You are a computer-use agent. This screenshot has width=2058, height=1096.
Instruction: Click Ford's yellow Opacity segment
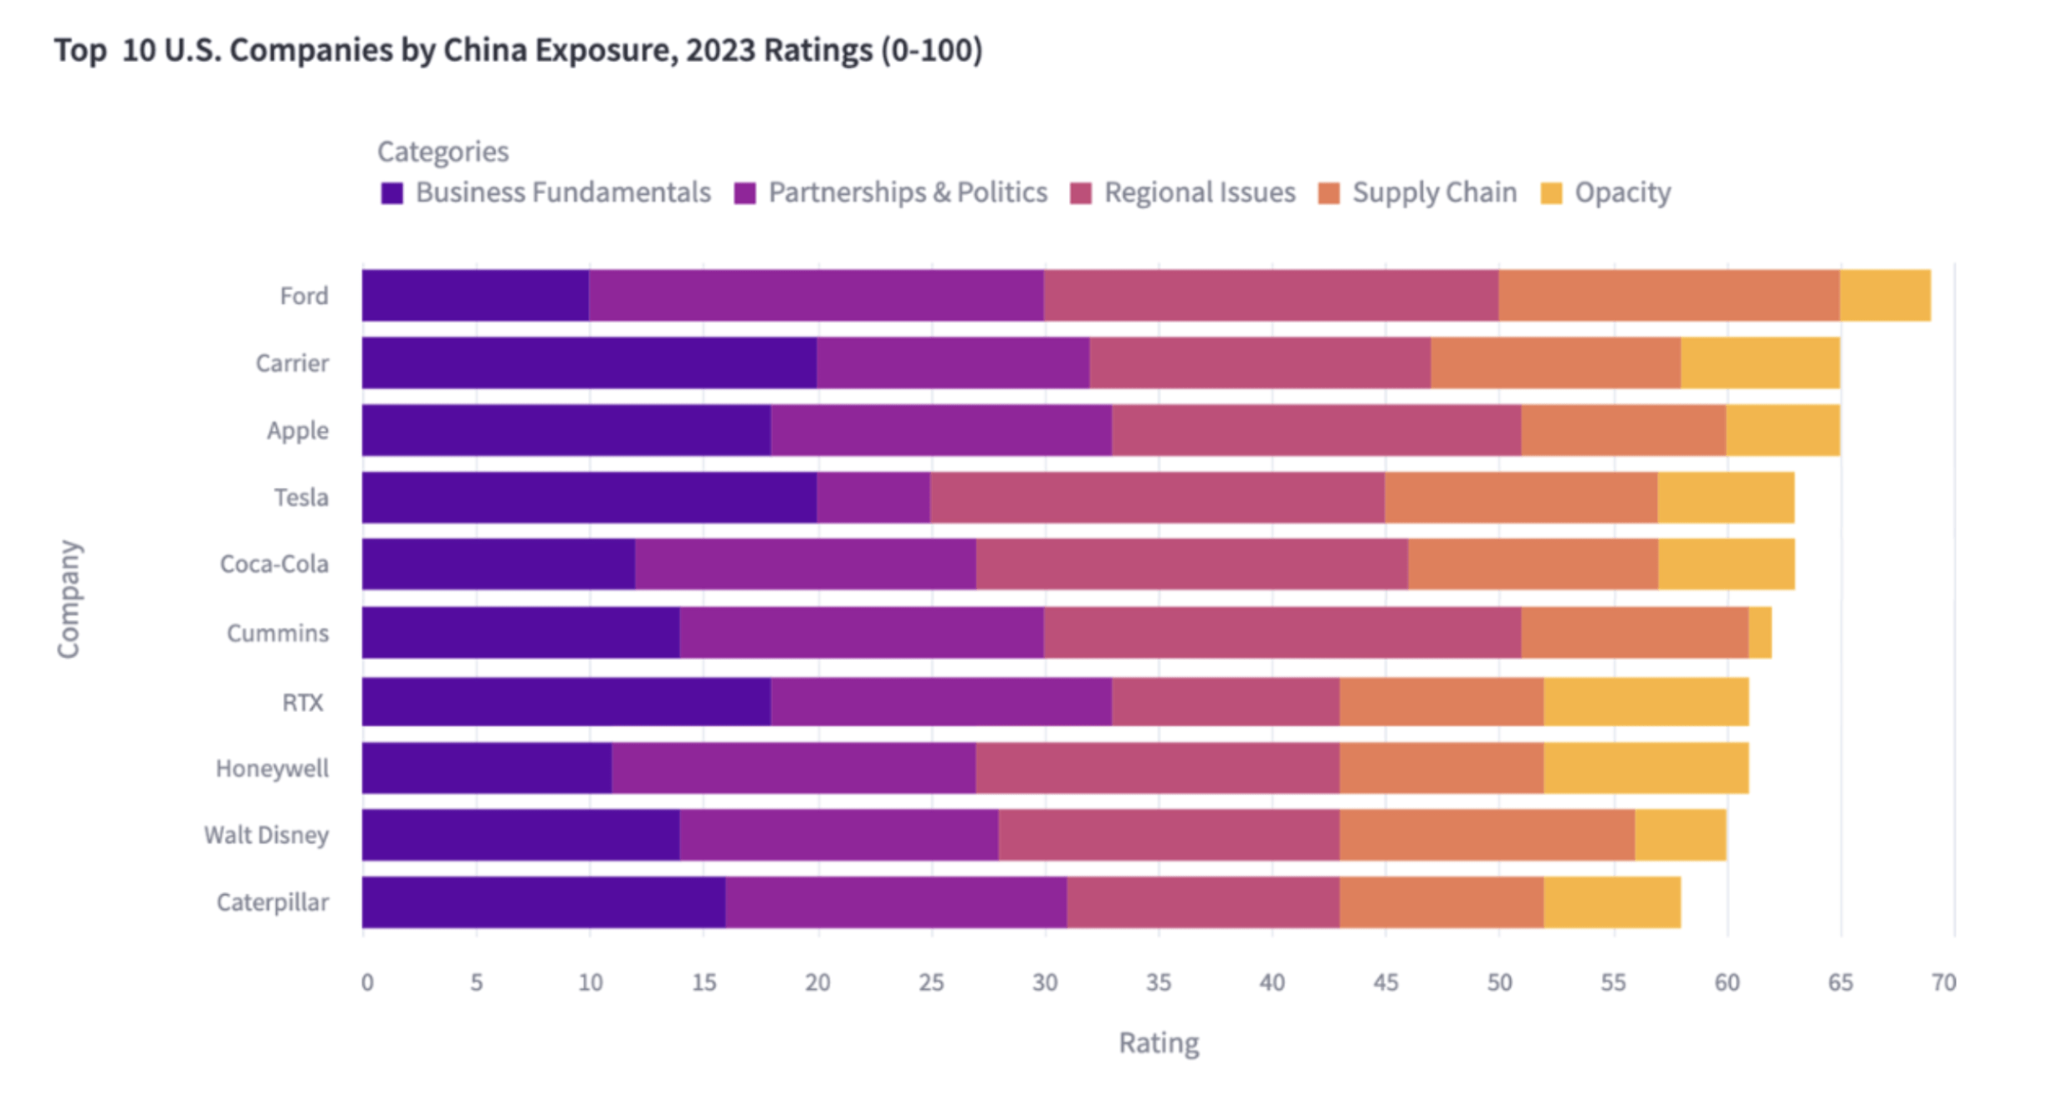(x=1885, y=295)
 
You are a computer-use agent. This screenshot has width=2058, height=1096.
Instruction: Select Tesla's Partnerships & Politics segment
(x=873, y=497)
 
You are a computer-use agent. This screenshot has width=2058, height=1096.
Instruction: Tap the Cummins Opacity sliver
(x=1759, y=633)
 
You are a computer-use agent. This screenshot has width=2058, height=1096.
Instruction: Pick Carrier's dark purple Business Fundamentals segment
(x=589, y=362)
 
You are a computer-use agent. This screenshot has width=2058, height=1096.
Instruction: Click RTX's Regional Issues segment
(x=1226, y=701)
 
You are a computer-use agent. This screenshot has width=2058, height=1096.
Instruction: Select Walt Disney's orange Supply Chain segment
(x=1487, y=834)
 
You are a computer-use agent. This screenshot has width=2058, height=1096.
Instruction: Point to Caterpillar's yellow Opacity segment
(x=1611, y=902)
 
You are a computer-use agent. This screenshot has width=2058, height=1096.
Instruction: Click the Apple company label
(x=297, y=430)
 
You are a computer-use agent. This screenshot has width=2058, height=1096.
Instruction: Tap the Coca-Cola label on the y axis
(x=274, y=564)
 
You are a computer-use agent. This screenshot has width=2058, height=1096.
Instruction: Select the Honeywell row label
(x=272, y=768)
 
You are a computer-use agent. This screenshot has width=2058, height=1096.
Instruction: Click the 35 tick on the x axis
(x=1158, y=982)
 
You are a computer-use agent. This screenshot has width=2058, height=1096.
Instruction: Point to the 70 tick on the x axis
(x=1943, y=982)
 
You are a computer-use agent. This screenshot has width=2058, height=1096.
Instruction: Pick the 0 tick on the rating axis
(x=366, y=982)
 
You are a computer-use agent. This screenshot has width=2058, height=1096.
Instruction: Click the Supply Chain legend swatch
(x=1328, y=193)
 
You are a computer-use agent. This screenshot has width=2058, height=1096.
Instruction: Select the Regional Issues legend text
(x=1199, y=192)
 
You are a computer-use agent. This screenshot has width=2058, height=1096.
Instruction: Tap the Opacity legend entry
(x=1621, y=192)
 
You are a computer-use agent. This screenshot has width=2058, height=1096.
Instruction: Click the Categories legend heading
(x=443, y=151)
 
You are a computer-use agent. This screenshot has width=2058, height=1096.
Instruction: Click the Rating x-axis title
(x=1159, y=1042)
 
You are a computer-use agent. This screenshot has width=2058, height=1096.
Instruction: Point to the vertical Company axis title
(x=69, y=598)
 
